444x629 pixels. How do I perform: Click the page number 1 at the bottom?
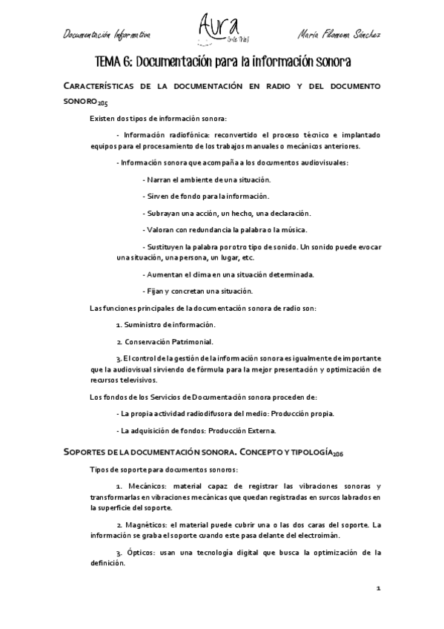coord(378,590)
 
